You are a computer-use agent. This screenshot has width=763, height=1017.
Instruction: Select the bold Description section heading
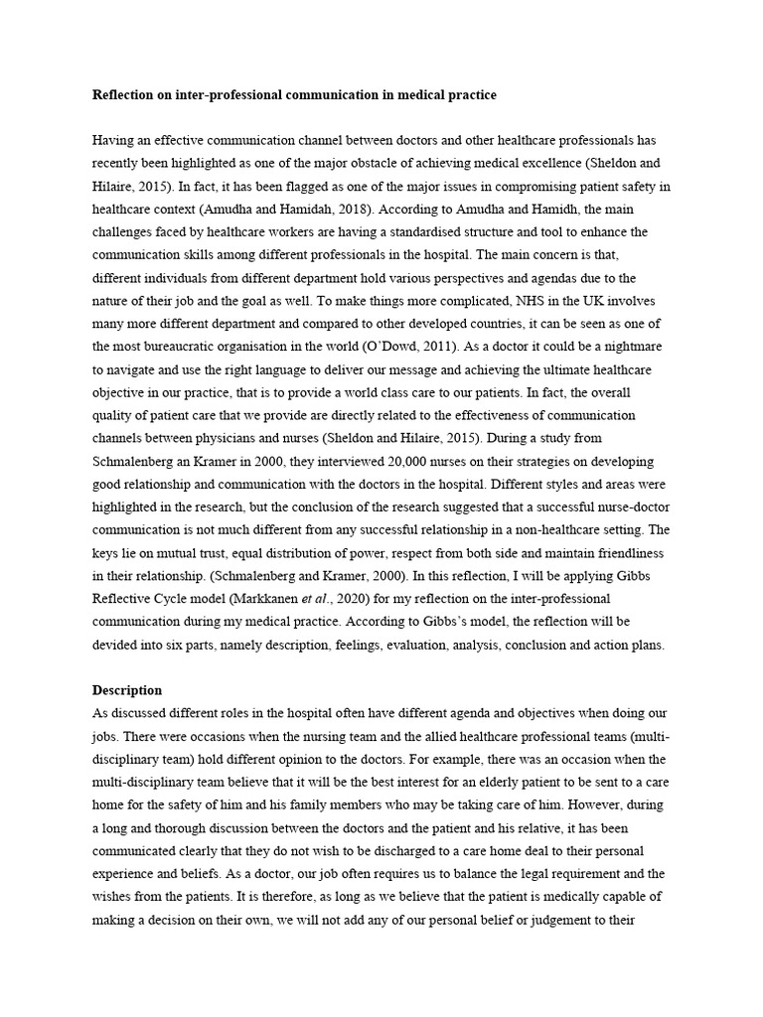pyautogui.click(x=127, y=690)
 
